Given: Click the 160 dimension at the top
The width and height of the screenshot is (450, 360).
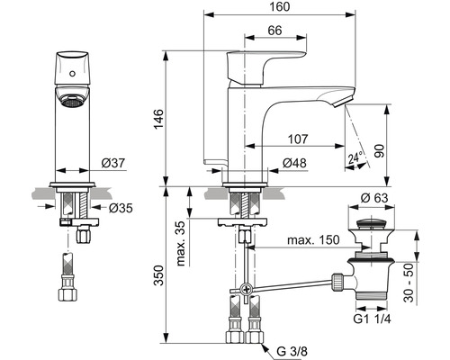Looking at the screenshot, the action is click(280, 6).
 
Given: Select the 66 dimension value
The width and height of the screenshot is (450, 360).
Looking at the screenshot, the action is click(274, 31).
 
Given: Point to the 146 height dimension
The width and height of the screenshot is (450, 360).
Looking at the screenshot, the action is click(158, 119).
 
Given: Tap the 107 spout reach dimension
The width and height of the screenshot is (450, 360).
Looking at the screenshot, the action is click(298, 139).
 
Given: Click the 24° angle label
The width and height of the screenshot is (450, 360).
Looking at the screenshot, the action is click(355, 157).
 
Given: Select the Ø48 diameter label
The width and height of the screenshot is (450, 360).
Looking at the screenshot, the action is click(294, 163).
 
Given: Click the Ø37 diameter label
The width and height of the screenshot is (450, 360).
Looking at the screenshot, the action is click(112, 163).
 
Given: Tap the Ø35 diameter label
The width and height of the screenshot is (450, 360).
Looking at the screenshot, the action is click(121, 208).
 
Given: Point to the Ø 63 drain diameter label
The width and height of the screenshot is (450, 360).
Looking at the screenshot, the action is click(374, 198).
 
